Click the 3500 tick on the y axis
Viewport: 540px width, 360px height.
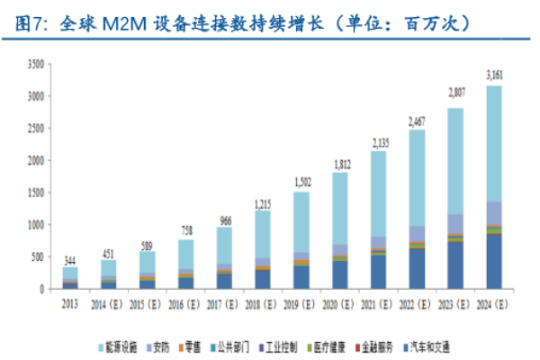coord(35,64)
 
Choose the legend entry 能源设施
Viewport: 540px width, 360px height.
coord(118,346)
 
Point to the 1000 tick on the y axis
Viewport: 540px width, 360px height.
coord(35,225)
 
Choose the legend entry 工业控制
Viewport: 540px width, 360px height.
coord(283,346)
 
